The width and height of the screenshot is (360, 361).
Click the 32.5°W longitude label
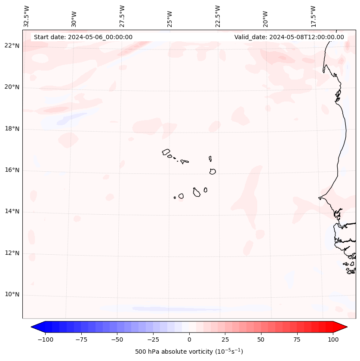[x=27, y=16]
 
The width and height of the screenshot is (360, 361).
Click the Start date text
[x=83, y=37]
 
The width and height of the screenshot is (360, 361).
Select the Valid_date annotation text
[x=289, y=37]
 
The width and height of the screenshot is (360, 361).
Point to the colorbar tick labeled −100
[x=45, y=340]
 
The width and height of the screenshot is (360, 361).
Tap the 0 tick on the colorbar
[x=189, y=340]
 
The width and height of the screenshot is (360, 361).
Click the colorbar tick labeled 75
[x=297, y=340]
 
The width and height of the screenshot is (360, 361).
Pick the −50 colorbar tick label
[x=117, y=340]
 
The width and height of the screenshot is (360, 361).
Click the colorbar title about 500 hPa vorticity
[x=189, y=352]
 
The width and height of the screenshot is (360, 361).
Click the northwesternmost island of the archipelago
[x=166, y=152]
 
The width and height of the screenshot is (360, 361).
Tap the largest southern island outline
[x=197, y=192]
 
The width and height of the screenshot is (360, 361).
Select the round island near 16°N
[x=212, y=171]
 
